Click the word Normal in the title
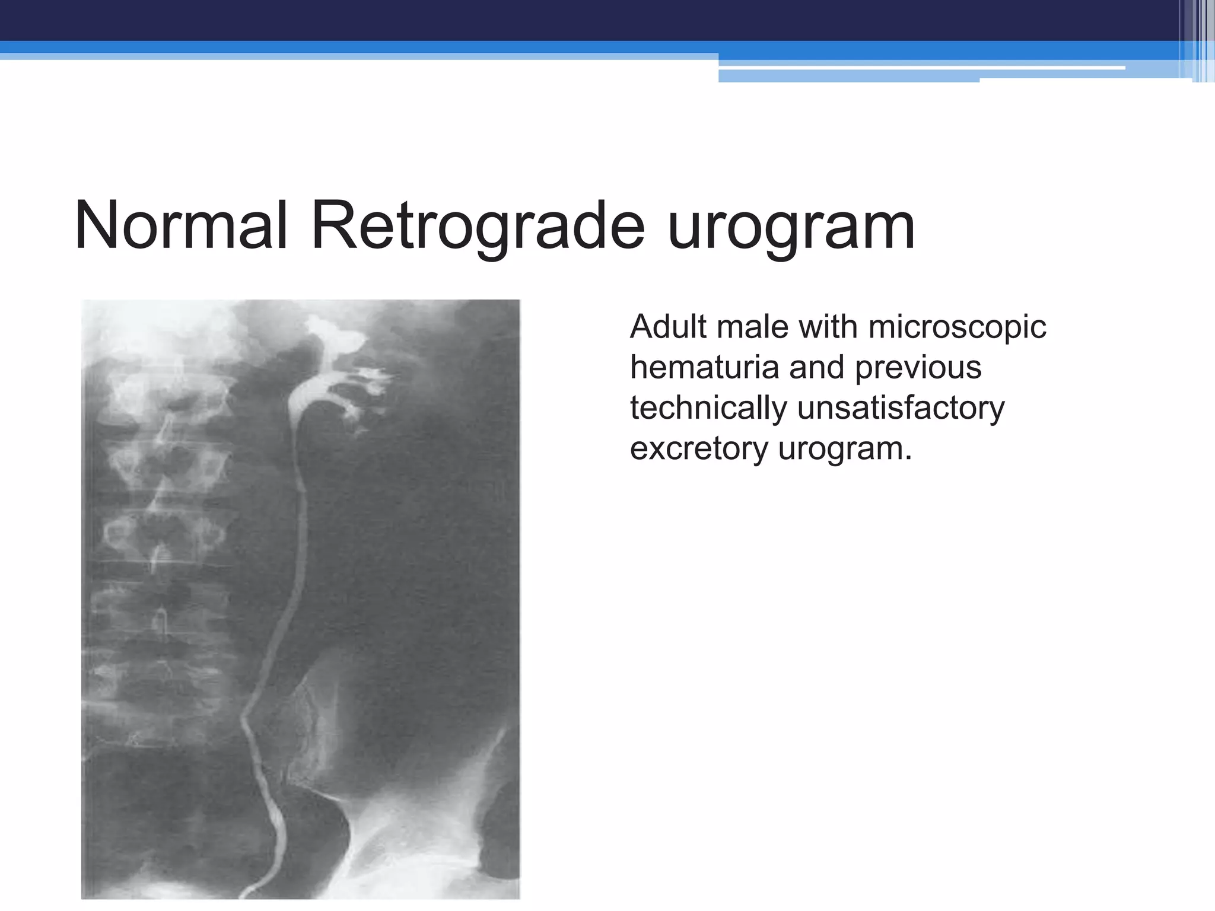[182, 226]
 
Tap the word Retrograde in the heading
[478, 226]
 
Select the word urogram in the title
[791, 228]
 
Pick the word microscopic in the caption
[957, 328]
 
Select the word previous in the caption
[918, 368]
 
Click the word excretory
[698, 449]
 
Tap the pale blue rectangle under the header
[848, 76]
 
